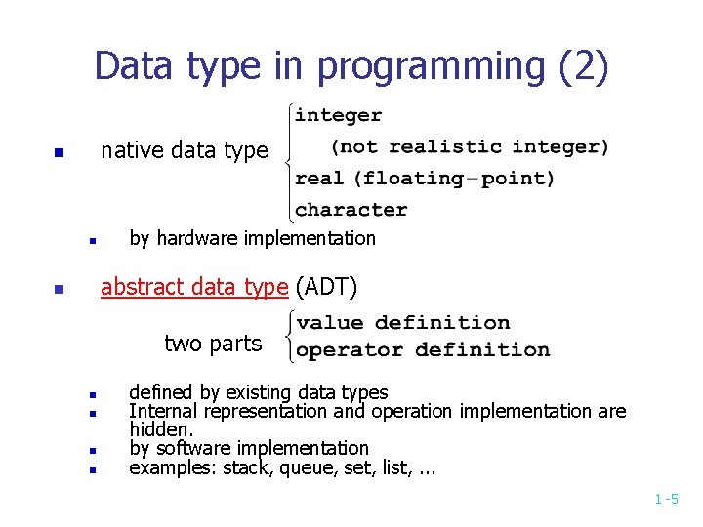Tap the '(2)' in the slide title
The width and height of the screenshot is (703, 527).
coord(583,66)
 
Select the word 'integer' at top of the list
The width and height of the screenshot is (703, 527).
coord(338,115)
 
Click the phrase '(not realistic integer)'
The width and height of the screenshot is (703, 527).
coord(470,147)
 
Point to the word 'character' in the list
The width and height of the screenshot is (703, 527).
coord(351,209)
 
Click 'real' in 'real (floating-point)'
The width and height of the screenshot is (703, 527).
coord(319,179)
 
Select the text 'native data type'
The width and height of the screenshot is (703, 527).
coord(184,150)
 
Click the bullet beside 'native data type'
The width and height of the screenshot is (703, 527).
coord(59,153)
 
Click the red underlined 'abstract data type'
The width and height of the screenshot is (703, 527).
coord(194,287)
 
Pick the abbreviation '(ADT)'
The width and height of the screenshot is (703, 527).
coord(326,287)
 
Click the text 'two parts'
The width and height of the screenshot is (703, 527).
coord(213,344)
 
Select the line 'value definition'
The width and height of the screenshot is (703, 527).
coord(403,323)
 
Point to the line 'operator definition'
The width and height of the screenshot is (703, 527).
coord(423,349)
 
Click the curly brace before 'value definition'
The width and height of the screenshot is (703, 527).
coord(289,336)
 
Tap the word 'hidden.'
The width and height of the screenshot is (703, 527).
coord(162,429)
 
